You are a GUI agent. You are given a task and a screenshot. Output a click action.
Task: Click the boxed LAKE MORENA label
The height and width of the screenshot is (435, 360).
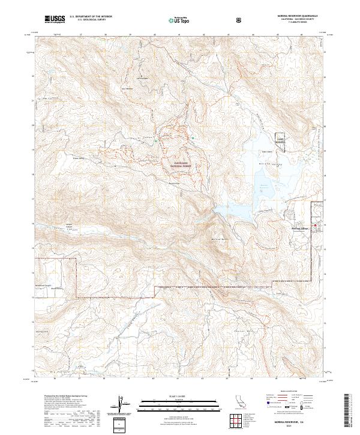pyautogui.click(x=280, y=138)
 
